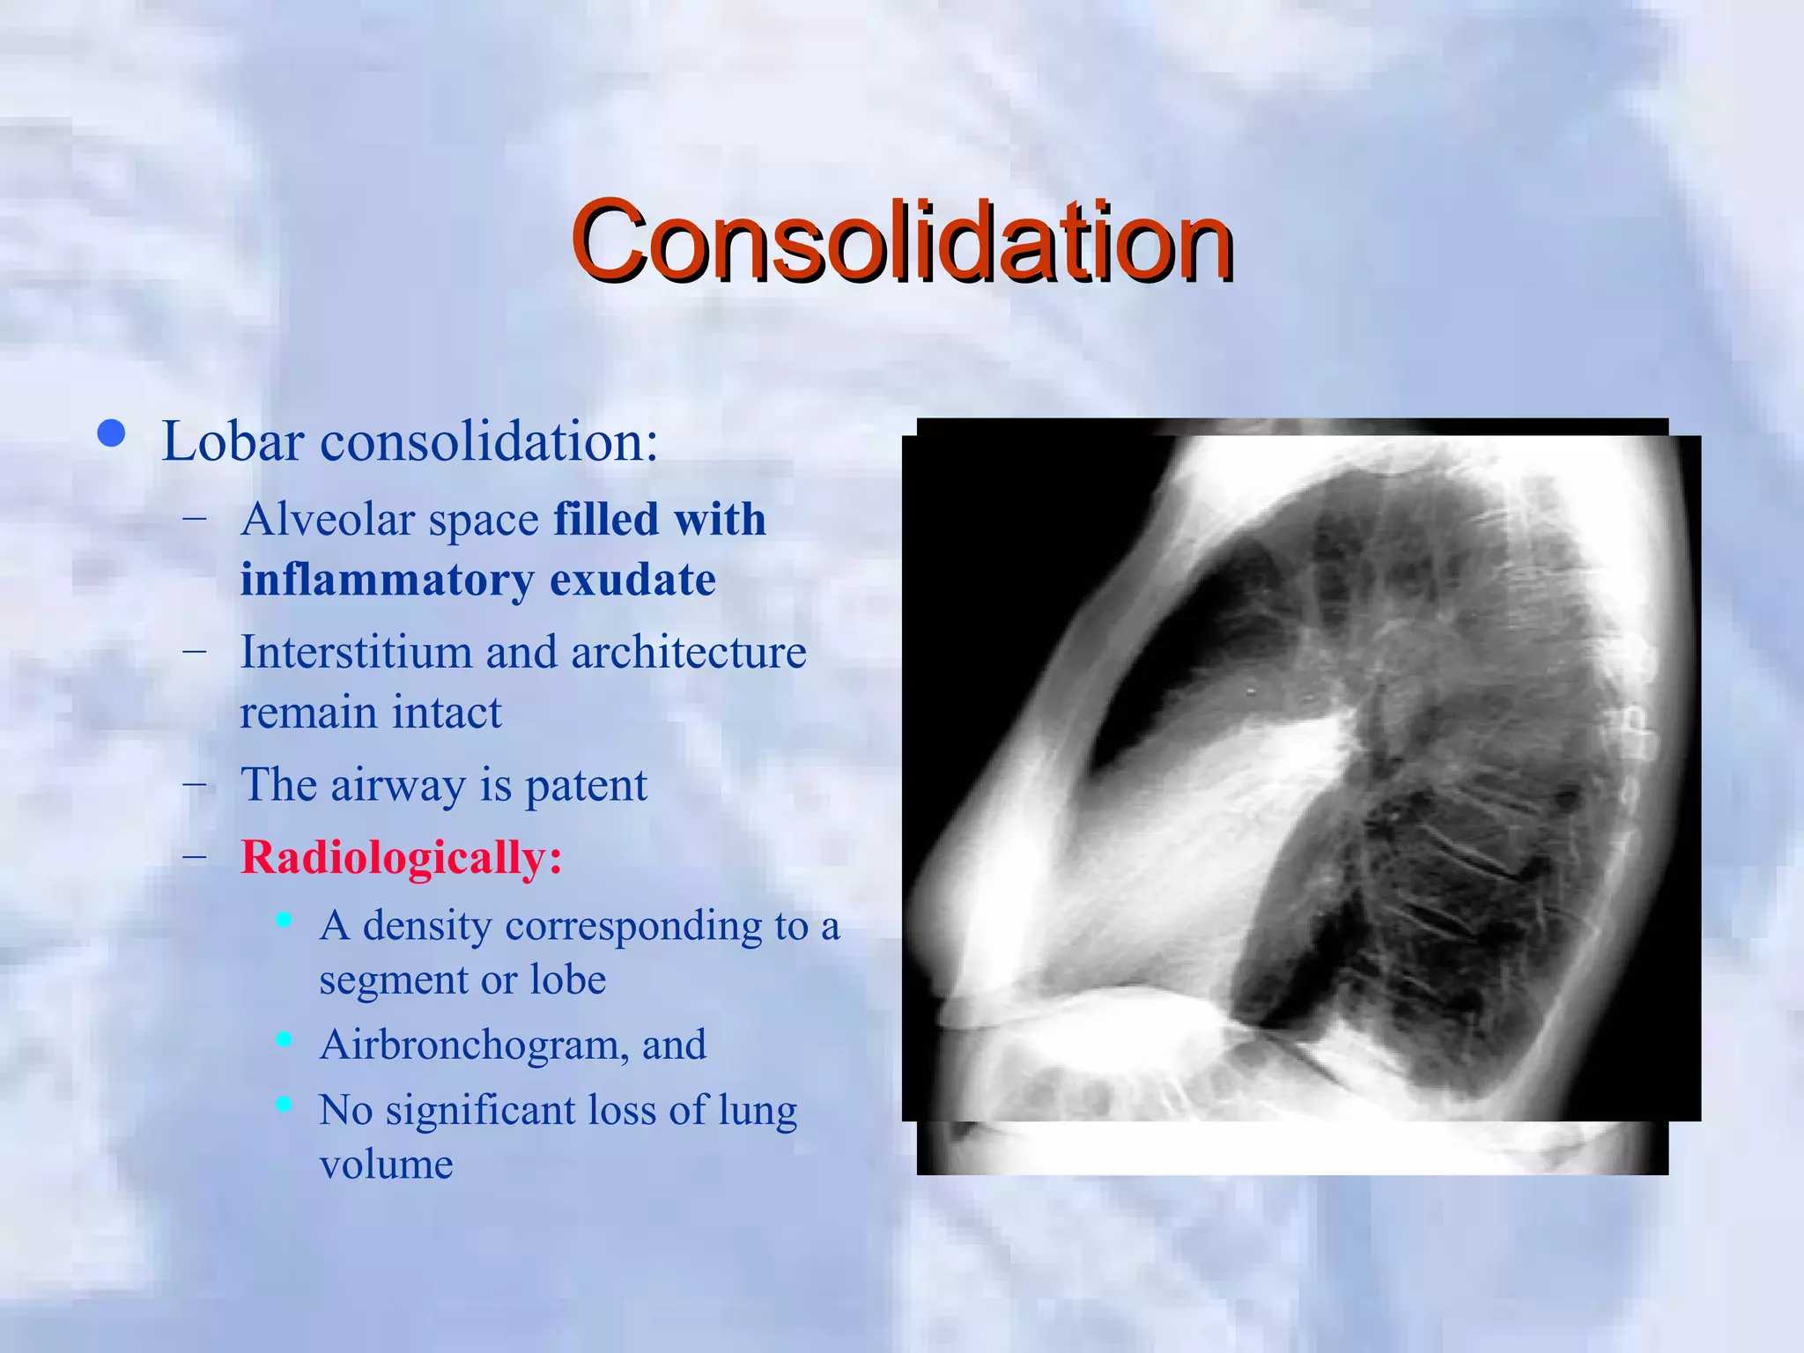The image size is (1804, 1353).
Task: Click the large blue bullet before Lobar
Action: tap(111, 434)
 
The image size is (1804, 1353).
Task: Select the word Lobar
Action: tap(233, 441)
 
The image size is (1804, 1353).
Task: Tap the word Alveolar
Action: tap(327, 520)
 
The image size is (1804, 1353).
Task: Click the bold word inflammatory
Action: tap(386, 580)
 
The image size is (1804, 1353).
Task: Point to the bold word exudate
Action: tap(632, 580)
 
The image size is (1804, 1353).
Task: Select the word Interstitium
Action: tap(355, 653)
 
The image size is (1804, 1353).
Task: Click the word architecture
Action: tap(688, 653)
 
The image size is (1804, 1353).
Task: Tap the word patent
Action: tap(586, 785)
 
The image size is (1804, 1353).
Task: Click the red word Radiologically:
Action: tap(401, 857)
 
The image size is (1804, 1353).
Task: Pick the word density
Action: tap(426, 926)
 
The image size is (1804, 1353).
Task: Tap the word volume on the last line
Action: tap(386, 1165)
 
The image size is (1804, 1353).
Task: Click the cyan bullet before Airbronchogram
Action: tap(284, 1039)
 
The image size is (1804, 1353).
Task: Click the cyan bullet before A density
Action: tap(284, 920)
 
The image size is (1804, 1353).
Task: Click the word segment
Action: tap(392, 980)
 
